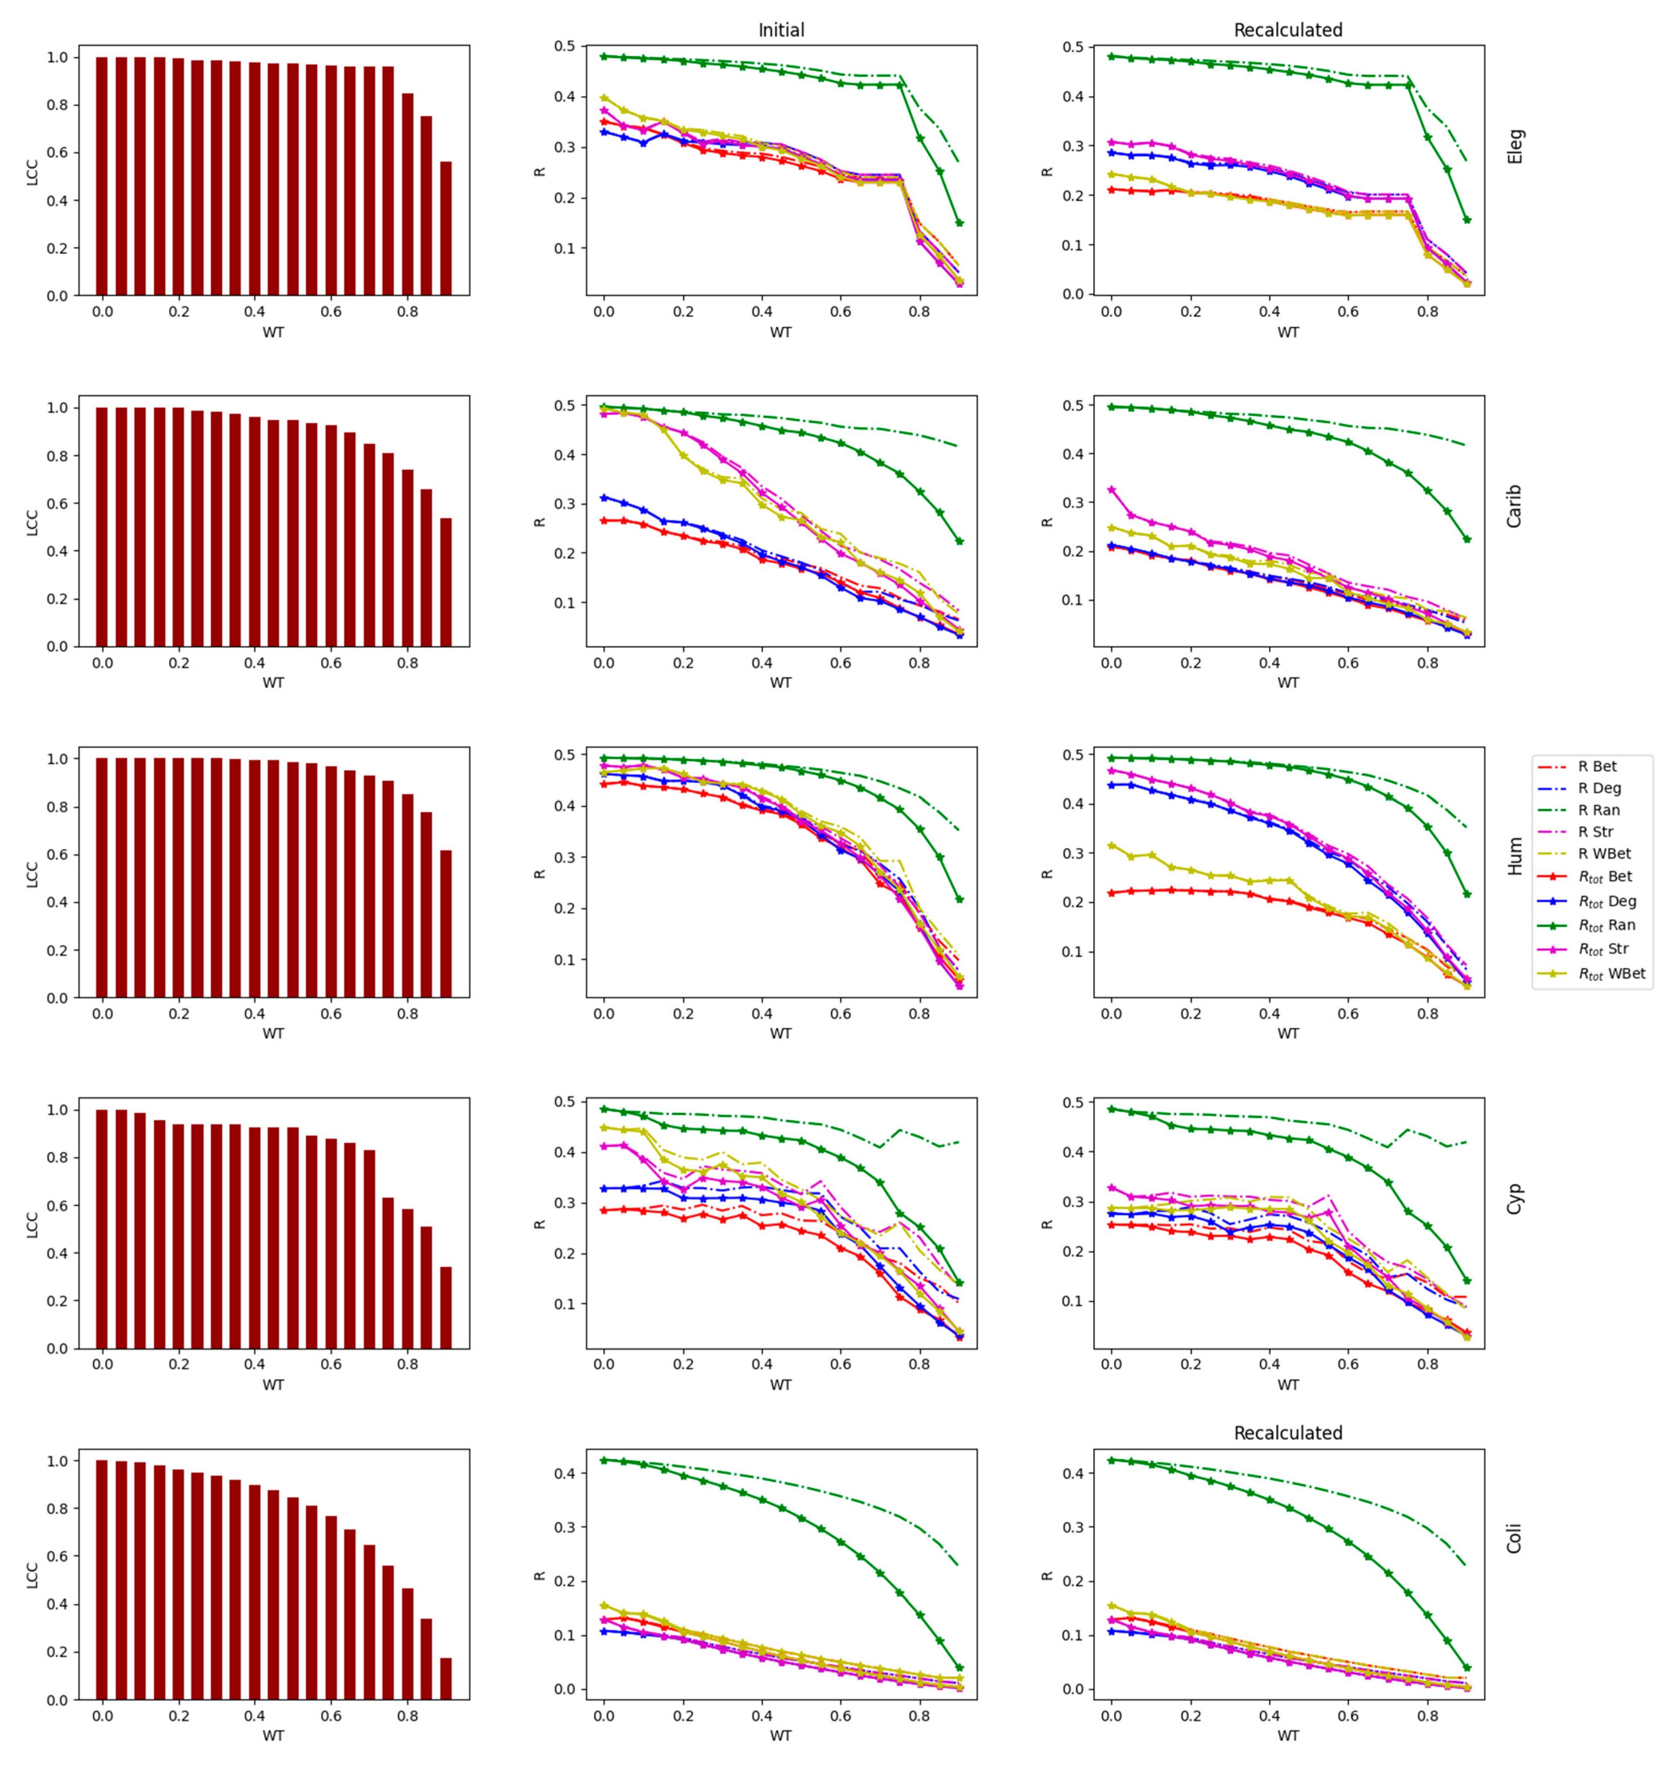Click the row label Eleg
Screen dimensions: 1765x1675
1515,146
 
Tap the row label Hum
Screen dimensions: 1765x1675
1515,856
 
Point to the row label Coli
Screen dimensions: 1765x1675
1515,1538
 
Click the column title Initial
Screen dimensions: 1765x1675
781,30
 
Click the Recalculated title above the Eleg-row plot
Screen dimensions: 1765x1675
1287,30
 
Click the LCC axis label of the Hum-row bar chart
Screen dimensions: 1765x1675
32,874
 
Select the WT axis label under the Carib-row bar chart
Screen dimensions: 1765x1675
273,682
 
